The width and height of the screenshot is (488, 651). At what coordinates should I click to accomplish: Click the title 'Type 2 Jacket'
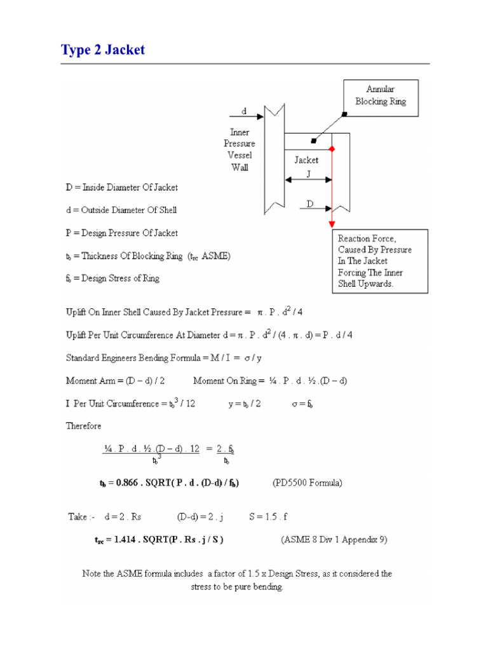click(102, 50)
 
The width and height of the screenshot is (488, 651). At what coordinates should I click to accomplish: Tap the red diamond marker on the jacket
click(332, 149)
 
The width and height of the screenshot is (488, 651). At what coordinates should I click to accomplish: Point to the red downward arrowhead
click(332, 224)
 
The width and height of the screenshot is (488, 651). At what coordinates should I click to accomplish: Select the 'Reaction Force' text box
click(379, 261)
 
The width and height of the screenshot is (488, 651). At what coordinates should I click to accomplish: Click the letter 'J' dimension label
click(308, 173)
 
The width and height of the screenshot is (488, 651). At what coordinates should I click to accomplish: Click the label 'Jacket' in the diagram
click(306, 160)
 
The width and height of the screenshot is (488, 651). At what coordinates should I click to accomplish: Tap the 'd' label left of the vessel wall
click(244, 111)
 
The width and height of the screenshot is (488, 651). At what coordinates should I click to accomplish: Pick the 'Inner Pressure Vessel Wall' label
click(240, 150)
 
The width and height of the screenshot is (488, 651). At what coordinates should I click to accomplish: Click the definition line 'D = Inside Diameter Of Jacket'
click(122, 188)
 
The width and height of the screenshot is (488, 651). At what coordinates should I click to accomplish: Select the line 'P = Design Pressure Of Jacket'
click(122, 233)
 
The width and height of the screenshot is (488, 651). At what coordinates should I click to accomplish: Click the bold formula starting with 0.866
click(169, 483)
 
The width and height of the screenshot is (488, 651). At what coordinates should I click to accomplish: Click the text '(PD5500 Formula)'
click(308, 483)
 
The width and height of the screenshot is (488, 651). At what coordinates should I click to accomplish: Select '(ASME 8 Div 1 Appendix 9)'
click(334, 540)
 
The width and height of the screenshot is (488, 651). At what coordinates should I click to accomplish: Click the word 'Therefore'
click(83, 426)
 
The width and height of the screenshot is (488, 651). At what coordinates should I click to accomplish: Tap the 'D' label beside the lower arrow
click(310, 204)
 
